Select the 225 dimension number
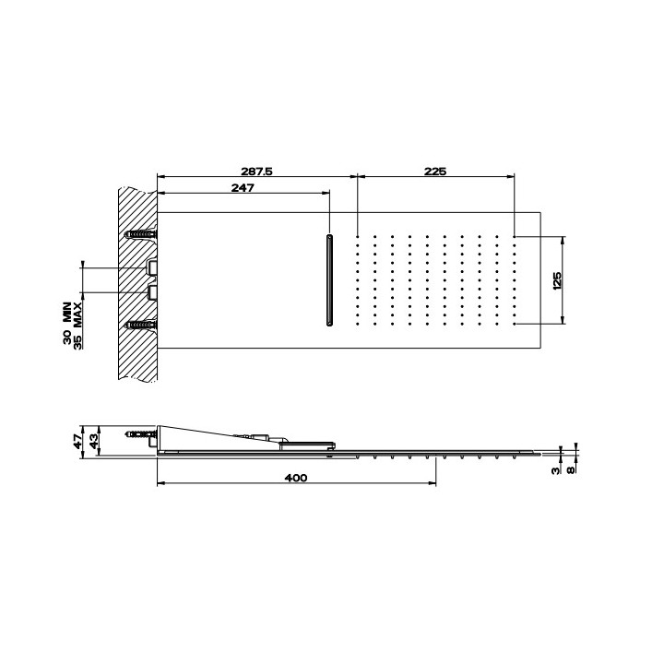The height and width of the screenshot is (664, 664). pyautogui.click(x=434, y=170)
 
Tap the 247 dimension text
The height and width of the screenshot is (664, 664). pyautogui.click(x=241, y=187)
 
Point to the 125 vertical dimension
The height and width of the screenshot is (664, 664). pyautogui.click(x=556, y=280)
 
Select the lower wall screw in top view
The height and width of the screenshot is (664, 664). pyautogui.click(x=141, y=325)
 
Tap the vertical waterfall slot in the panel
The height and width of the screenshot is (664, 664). pyautogui.click(x=328, y=280)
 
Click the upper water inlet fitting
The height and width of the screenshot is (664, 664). pyautogui.click(x=153, y=267)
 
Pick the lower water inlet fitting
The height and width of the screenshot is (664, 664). pyautogui.click(x=153, y=293)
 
